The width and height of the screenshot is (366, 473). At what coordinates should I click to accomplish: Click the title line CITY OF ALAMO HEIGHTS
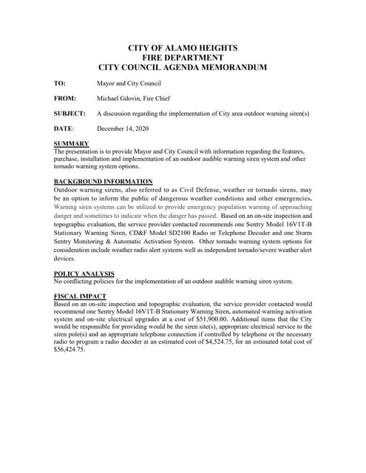(182, 47)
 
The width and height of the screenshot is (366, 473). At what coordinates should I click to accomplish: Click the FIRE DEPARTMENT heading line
(182, 57)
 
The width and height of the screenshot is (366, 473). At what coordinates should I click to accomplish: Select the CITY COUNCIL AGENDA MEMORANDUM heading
(182, 67)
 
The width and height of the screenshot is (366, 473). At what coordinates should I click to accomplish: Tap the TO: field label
(60, 84)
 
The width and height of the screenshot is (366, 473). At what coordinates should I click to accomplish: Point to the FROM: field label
(65, 98)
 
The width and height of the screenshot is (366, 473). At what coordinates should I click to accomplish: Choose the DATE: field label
(64, 129)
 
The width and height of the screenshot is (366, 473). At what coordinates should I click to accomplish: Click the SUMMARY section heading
(72, 143)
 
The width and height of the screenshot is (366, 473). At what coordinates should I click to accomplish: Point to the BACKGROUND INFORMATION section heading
(104, 182)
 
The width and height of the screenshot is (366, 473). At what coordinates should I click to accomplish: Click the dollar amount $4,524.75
(245, 341)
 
